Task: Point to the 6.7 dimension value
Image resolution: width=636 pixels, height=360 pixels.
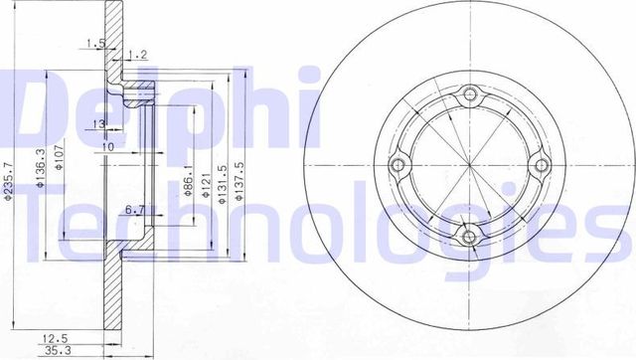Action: pos(136,209)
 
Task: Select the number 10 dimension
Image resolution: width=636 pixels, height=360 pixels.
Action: pos(107,146)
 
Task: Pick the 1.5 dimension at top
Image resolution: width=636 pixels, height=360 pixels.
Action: pos(95,42)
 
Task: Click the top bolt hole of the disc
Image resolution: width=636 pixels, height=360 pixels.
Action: pos(470,96)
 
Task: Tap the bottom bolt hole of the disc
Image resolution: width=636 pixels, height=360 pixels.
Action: pos(470,236)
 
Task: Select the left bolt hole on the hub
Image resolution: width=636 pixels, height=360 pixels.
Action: pos(400,166)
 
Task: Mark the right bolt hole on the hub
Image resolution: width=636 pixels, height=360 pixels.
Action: pos(540,166)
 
